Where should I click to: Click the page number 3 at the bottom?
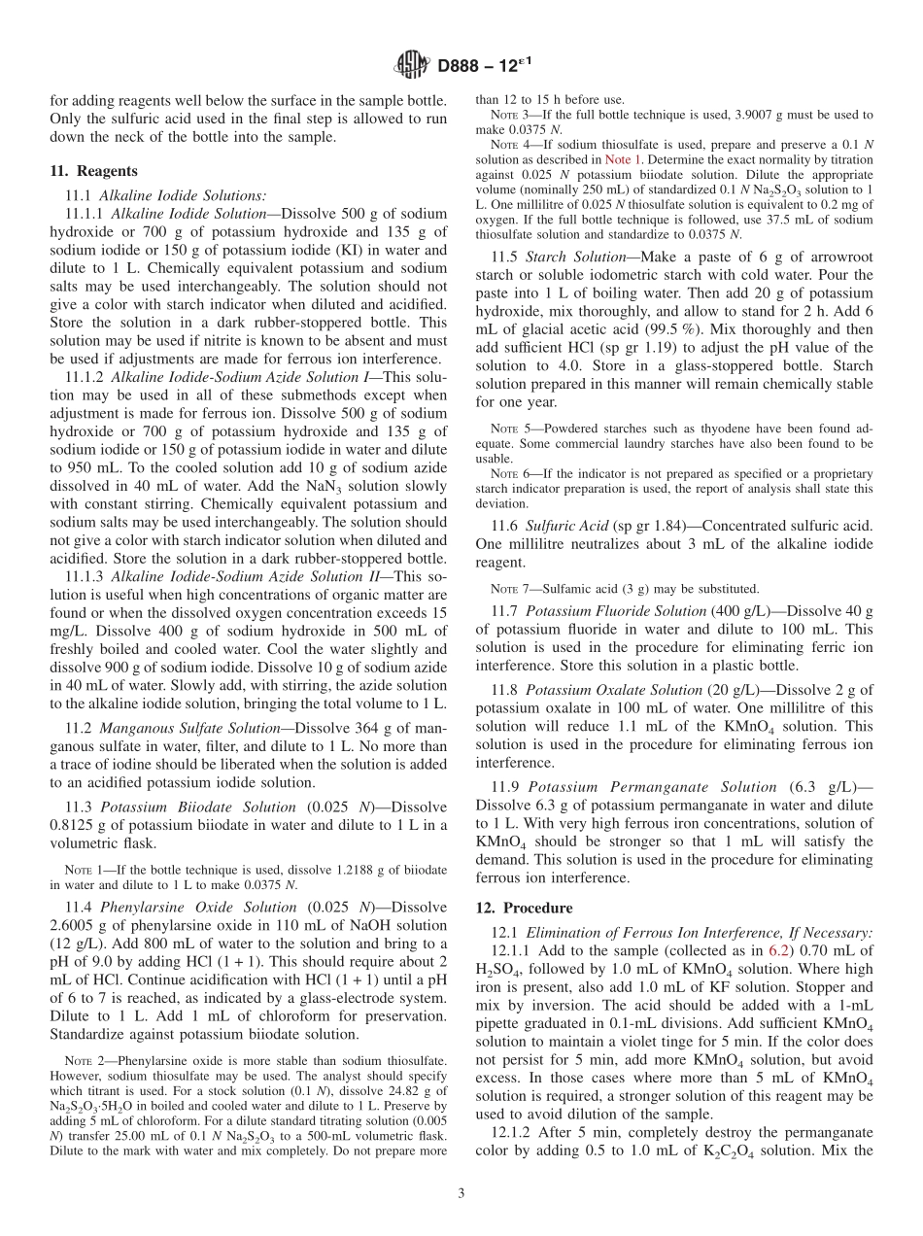[461, 1193]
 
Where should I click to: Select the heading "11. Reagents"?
[93, 170]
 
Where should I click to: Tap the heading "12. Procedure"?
[524, 909]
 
